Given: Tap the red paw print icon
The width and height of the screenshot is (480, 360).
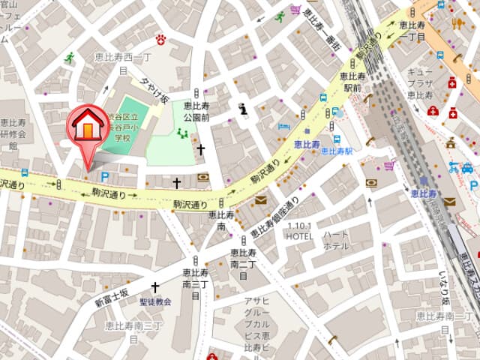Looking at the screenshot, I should [160, 38].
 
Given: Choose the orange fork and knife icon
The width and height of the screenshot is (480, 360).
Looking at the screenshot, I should [459, 22].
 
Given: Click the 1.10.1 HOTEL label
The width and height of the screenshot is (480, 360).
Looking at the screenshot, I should [300, 230].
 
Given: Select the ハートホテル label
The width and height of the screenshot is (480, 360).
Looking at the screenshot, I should [336, 240].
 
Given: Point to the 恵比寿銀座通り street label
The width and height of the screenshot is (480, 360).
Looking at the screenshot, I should [274, 217].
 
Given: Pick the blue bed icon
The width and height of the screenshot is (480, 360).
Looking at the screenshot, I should [284, 125].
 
